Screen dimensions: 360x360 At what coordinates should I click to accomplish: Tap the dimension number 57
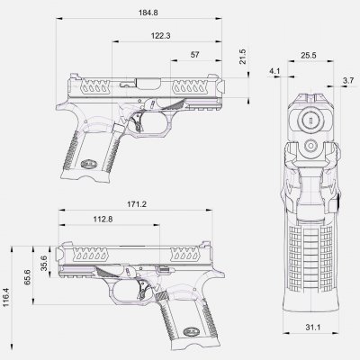click(x=195, y=55)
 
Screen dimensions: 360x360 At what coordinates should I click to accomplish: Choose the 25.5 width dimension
click(x=307, y=56)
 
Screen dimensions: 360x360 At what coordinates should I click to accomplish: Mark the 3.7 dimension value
click(x=347, y=81)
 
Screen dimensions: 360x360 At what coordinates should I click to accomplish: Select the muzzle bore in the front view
click(x=307, y=118)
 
